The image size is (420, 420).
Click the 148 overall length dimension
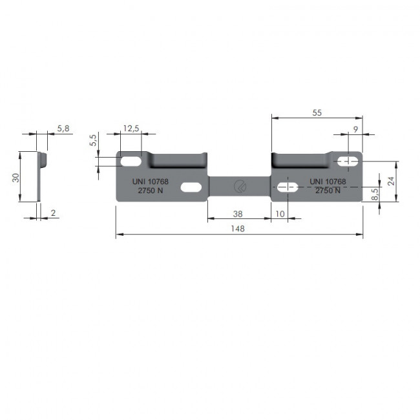pyautogui.click(x=240, y=229)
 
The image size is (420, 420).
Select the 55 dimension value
pyautogui.click(x=317, y=112)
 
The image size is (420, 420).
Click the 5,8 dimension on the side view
pyautogui.click(x=63, y=129)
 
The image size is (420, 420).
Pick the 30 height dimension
pyautogui.click(x=15, y=177)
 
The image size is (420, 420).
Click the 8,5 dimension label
pyautogui.click(x=375, y=194)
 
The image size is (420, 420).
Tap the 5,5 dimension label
pyautogui.click(x=93, y=140)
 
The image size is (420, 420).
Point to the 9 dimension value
pyautogui.click(x=355, y=129)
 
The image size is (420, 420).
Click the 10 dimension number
pyautogui.click(x=280, y=213)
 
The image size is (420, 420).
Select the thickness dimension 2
pyautogui.click(x=53, y=212)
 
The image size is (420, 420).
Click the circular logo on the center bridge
pyautogui.click(x=239, y=187)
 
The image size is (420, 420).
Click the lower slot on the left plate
pyautogui.click(x=191, y=187)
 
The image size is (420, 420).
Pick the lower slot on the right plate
pyautogui.click(x=287, y=187)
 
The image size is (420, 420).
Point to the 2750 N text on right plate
pyautogui.click(x=328, y=191)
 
